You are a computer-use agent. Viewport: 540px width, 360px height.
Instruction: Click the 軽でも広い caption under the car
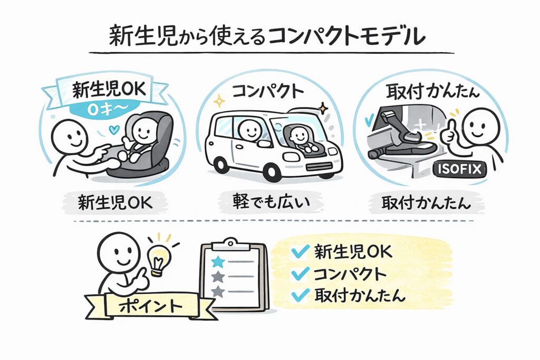click(271, 203)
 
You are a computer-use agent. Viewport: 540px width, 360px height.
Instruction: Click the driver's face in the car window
click(248, 129)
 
